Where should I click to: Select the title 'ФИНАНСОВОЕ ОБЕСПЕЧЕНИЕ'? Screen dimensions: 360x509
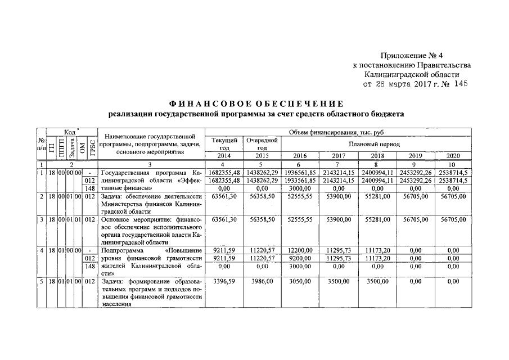pyautogui.click(x=256, y=103)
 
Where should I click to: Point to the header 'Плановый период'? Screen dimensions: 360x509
pyautogui.click(x=374, y=144)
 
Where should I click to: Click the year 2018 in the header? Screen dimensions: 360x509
pyautogui.click(x=374, y=156)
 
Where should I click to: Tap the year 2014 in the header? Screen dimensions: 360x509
pyautogui.click(x=224, y=156)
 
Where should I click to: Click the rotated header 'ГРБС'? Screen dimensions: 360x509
pyautogui.click(x=89, y=148)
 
